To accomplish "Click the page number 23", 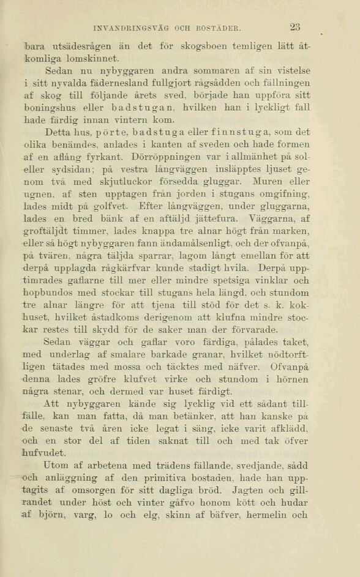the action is tap(295, 26).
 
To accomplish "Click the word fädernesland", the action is tap(125, 82).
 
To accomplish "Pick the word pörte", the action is tap(110, 132).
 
